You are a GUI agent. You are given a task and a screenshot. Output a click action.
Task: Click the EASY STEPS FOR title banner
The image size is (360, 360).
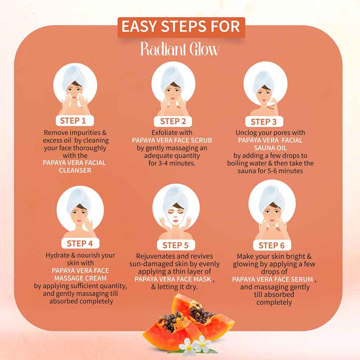181,27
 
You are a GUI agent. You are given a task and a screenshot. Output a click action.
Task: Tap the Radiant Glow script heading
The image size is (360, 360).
180,49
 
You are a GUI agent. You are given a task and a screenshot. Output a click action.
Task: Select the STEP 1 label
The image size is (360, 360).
75,120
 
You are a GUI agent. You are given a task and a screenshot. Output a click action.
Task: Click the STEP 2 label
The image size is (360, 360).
173,121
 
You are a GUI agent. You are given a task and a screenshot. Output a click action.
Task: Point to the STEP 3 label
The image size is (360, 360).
264,122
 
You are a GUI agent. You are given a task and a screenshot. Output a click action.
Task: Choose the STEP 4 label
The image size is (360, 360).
80,243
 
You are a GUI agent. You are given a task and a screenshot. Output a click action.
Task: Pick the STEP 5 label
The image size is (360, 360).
175,245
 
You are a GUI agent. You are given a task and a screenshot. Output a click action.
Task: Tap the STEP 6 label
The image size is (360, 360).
271,246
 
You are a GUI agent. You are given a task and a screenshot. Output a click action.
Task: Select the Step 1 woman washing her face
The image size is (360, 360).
75,92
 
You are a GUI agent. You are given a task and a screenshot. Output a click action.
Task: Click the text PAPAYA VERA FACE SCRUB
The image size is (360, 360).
172,140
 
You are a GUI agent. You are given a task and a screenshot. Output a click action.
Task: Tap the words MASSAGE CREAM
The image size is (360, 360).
80,279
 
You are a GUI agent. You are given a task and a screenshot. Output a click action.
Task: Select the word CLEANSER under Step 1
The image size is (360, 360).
75,170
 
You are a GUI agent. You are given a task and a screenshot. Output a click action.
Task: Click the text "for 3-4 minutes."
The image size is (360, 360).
172,163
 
